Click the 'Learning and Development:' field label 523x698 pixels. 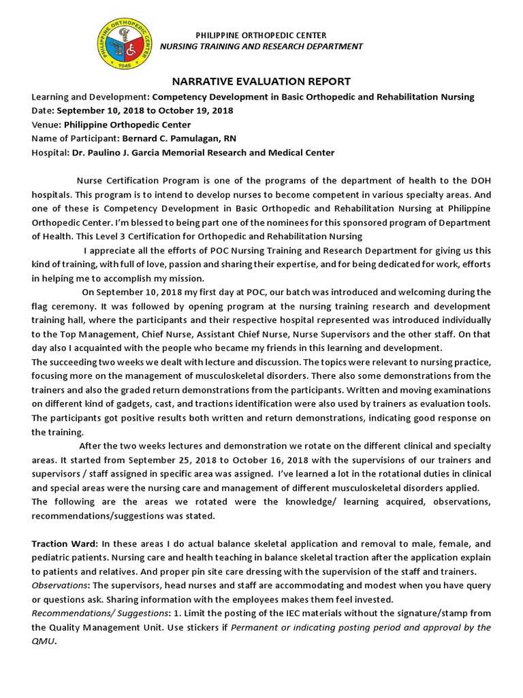91,97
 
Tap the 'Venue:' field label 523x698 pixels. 46,125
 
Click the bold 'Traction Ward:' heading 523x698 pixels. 65,544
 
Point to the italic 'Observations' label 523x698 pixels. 61,586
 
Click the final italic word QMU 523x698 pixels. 44,641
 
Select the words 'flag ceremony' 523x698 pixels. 62,306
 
